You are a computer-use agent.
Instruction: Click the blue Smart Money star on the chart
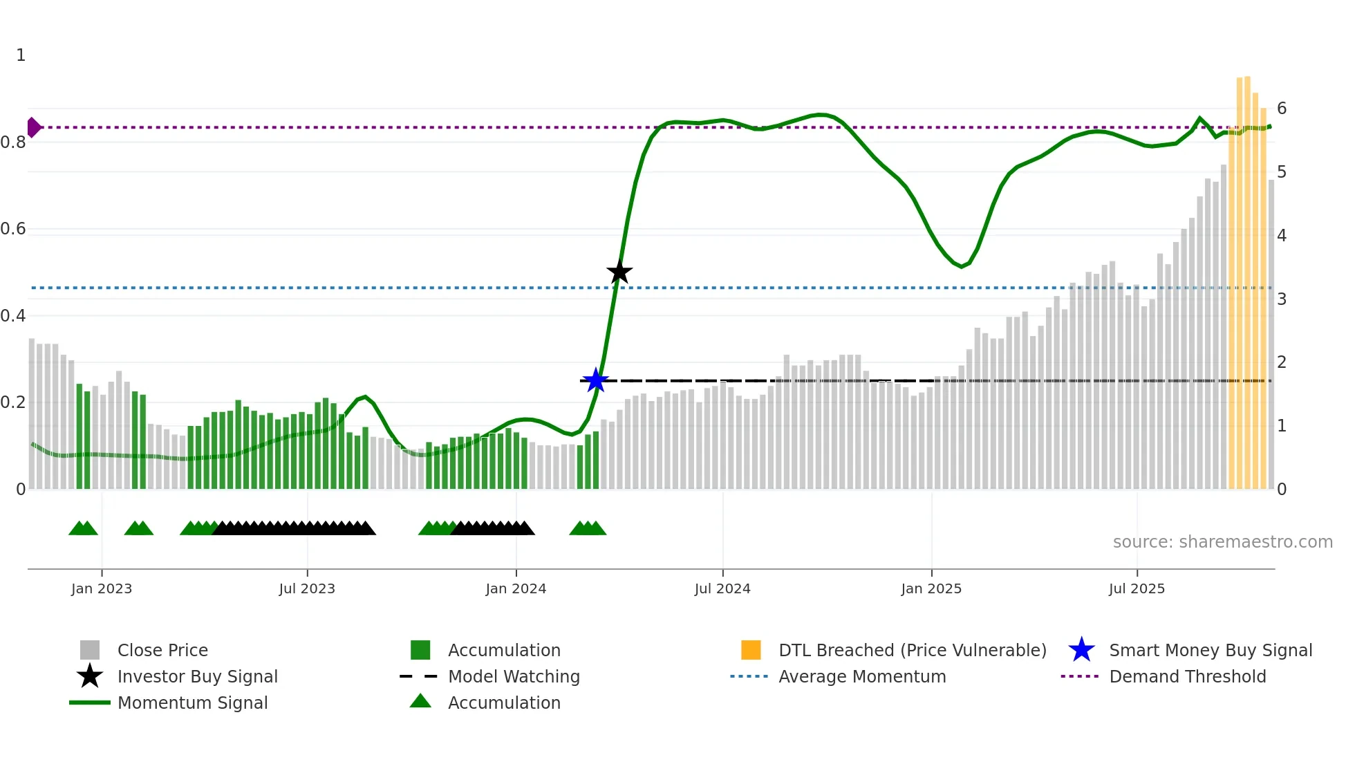[x=595, y=380]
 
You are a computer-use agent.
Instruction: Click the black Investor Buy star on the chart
[x=619, y=272]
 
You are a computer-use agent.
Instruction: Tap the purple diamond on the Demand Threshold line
[x=33, y=127]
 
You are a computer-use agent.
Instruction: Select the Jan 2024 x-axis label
[x=516, y=589]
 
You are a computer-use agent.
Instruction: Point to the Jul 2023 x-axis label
[x=307, y=589]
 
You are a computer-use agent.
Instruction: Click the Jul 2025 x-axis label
[x=1137, y=589]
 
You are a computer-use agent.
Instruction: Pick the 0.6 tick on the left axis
[x=13, y=229]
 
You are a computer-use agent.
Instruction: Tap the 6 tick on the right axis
[x=1282, y=109]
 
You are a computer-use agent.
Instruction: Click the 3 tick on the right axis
[x=1282, y=299]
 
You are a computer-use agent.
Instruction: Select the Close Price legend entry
[x=162, y=651]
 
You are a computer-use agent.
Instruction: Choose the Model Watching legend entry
[x=514, y=677]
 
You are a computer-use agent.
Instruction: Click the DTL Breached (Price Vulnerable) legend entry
[x=912, y=651]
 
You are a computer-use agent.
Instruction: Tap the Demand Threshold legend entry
[x=1187, y=677]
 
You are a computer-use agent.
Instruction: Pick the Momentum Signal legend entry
[x=192, y=703]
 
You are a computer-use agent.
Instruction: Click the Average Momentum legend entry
[x=861, y=677]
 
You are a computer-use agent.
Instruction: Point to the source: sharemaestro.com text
[x=1222, y=542]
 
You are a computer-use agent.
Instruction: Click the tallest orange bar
[x=1247, y=277]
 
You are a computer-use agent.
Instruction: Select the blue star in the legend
[x=1081, y=651]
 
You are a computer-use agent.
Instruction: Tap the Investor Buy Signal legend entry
[x=197, y=677]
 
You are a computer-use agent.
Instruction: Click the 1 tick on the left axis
[x=21, y=55]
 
